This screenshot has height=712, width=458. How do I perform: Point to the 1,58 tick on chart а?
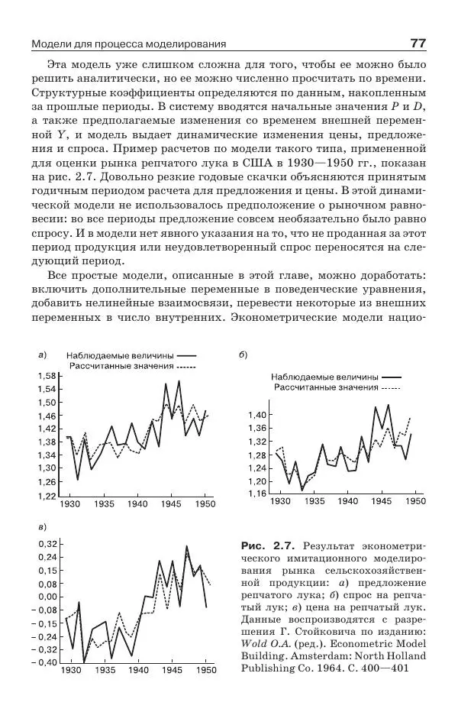pyautogui.click(x=47, y=376)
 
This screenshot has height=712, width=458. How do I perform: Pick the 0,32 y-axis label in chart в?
pyautogui.click(x=46, y=544)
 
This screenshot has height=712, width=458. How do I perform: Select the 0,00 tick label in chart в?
pyautogui.click(x=46, y=596)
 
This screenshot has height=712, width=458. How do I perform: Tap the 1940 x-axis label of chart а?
pyautogui.click(x=137, y=505)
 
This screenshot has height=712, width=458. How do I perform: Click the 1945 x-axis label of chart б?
pyautogui.click(x=380, y=501)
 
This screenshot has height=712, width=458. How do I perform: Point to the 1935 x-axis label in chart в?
pyautogui.click(x=105, y=670)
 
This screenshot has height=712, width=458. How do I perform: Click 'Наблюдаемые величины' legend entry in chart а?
pyautogui.click(x=120, y=356)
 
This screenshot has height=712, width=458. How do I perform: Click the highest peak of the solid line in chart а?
pyautogui.click(x=179, y=380)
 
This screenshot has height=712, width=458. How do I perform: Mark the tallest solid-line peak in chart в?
pyautogui.click(x=187, y=546)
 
